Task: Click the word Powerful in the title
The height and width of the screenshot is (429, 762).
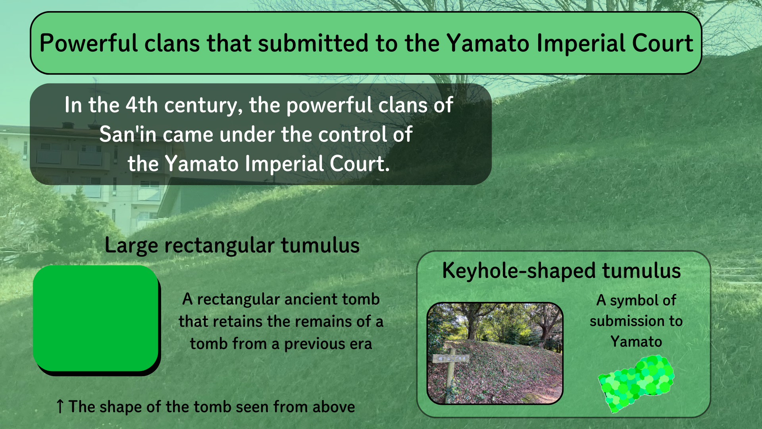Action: point(89,43)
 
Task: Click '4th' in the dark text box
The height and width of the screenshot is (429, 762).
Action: point(142,105)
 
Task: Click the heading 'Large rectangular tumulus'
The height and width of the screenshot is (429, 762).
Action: point(232,245)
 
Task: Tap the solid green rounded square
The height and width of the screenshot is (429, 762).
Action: point(96,319)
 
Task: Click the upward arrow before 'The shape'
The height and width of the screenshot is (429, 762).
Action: point(60,406)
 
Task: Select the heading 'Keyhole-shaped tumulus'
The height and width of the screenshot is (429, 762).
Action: point(562,271)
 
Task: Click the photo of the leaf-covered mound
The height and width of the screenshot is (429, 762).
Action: point(495,354)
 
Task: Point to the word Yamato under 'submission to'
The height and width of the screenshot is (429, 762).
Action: point(636,342)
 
